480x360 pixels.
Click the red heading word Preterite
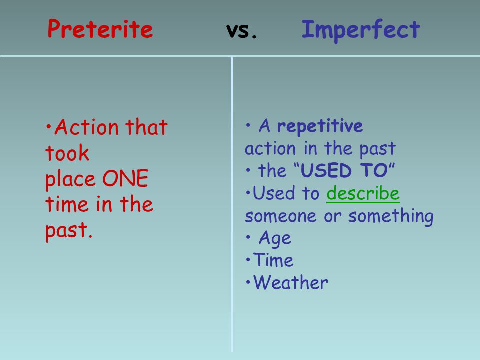pos(100,29)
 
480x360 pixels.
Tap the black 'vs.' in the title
pos(242,30)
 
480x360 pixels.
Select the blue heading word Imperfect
pos(361,30)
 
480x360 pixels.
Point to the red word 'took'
pos(67,153)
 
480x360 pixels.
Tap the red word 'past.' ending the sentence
pos(69,231)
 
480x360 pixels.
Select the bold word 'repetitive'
pos(320,126)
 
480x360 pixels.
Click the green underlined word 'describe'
pos(363,193)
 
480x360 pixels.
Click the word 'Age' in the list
pos(275,239)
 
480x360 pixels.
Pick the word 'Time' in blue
pos(273,260)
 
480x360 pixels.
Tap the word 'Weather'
pos(291,282)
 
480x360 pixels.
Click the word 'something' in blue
pos(391,216)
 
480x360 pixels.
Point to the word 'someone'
pos(281,216)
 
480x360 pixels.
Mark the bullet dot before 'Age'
pos(248,237)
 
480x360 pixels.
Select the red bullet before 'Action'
pos(48,126)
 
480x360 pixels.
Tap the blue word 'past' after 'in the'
pos(378,149)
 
